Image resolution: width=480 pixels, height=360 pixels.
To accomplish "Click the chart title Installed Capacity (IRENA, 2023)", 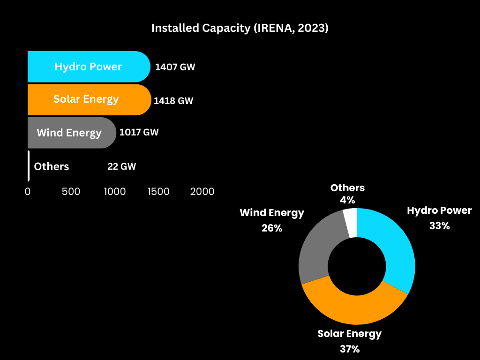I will coord(240,28).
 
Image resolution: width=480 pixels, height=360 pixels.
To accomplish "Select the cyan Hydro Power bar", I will coord(88,67).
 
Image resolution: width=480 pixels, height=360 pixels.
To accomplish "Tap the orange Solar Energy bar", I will coord(88,99).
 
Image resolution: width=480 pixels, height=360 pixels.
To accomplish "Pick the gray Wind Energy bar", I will coord(70,133).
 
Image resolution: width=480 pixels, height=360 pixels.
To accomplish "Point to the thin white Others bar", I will coord(29,166).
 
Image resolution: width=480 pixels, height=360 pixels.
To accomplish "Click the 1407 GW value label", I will coord(175,67).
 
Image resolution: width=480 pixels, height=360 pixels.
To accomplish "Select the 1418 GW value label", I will coord(173,101).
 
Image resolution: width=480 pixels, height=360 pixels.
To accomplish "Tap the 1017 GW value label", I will coord(139,132).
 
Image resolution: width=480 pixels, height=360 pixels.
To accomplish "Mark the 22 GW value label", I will coord(121,166).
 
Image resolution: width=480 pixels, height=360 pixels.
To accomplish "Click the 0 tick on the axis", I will coord(28,192).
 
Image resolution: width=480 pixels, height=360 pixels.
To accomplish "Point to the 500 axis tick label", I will coord(71,192).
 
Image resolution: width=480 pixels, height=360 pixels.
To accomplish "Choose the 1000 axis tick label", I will coord(115,192).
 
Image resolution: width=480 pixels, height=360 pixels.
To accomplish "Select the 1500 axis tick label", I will coord(158,192).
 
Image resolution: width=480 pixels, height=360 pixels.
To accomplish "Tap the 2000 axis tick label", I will coord(202,192).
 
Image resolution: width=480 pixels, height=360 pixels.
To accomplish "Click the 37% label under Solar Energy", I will coord(350,349).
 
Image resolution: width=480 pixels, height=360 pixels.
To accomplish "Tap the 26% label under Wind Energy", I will coord(272,228).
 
